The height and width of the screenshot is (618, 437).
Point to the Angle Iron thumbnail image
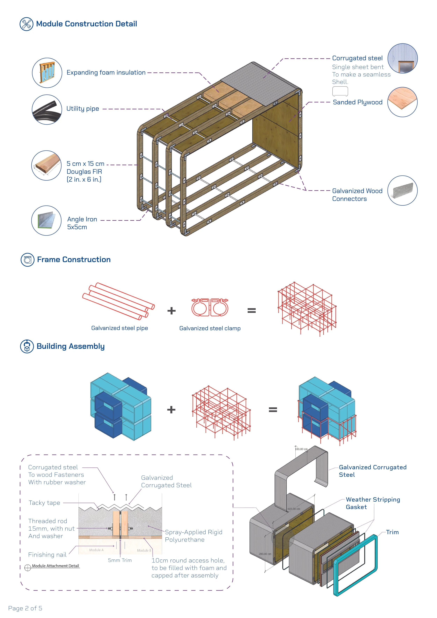46,220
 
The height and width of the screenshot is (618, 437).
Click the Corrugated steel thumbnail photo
403,58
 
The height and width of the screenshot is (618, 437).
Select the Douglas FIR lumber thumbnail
46,165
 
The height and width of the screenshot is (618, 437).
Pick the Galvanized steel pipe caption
119,328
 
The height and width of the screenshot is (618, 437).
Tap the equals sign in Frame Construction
252,311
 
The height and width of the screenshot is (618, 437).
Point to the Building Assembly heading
70,346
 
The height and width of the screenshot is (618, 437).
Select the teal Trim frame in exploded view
355,565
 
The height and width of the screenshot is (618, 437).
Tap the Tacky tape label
44,503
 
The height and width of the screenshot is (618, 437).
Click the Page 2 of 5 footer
25,608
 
